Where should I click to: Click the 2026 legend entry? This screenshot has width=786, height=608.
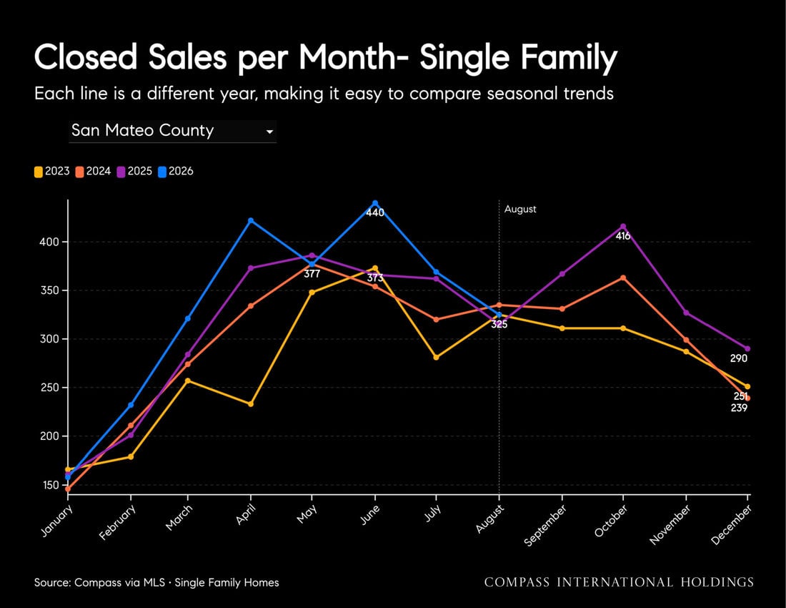tap(176, 172)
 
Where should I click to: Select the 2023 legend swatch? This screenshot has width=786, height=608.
tap(38, 172)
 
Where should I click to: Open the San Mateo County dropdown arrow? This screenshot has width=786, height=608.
tap(269, 132)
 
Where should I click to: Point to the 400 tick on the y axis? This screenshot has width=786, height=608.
tap(49, 242)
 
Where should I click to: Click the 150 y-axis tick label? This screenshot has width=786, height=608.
tap(49, 485)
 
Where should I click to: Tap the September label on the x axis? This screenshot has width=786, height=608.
tap(545, 525)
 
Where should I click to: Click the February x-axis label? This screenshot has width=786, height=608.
tap(117, 522)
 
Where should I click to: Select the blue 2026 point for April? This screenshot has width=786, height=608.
tap(251, 220)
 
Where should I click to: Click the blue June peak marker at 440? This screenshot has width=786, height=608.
tap(375, 203)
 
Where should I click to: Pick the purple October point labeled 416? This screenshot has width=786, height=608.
tap(623, 226)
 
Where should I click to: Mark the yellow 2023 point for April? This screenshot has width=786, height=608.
tap(251, 404)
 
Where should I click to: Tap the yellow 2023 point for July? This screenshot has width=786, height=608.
tap(436, 357)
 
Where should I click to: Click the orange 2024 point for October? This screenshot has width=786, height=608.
tap(623, 278)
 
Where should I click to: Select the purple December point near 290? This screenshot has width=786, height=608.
tap(747, 348)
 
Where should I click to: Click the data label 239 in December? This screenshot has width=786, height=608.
tap(739, 408)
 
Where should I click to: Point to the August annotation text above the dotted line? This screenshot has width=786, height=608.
tap(520, 209)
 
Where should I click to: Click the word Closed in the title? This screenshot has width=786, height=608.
tap(86, 57)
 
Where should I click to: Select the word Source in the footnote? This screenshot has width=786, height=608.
tap(51, 582)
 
